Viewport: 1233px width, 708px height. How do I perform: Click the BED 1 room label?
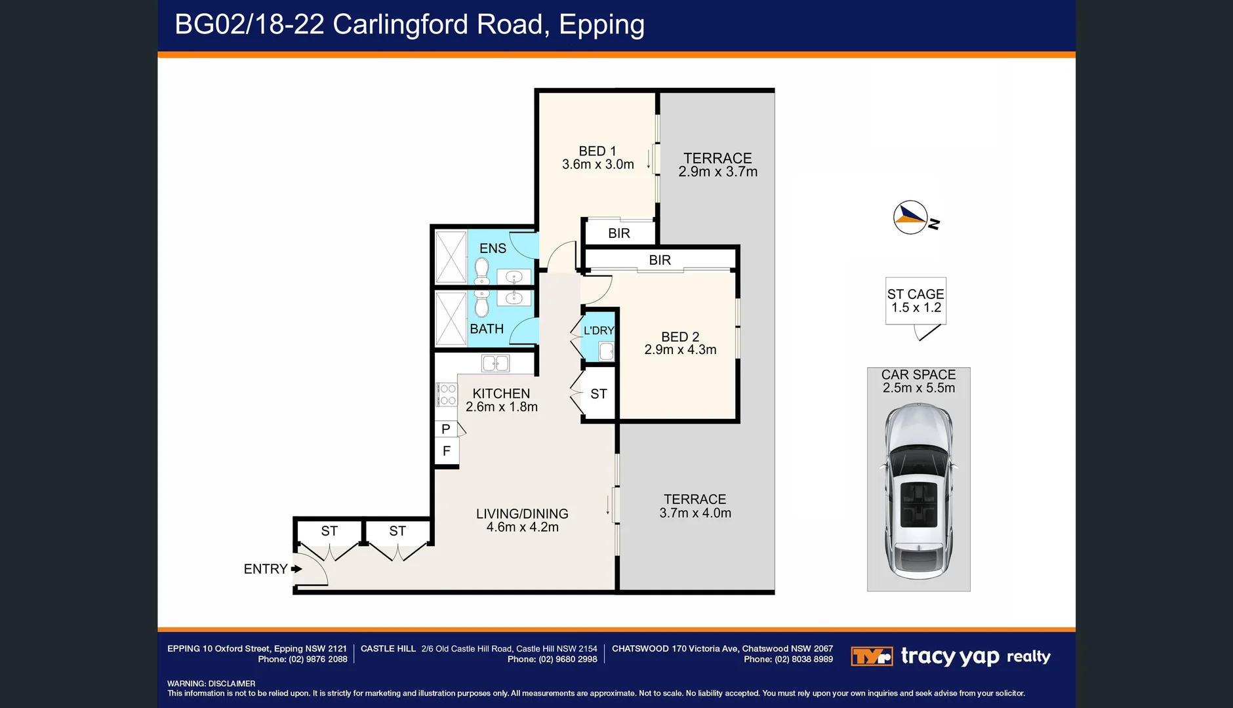[x=597, y=151]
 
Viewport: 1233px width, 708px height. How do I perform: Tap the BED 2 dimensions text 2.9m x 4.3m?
[x=680, y=350]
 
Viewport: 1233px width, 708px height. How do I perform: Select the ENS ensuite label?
[x=493, y=248]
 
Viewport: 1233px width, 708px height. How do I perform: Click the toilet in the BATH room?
[x=482, y=304]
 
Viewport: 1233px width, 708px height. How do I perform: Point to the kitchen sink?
[x=495, y=363]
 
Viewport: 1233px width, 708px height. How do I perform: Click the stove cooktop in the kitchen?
[x=447, y=395]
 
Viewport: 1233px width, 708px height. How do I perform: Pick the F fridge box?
[x=447, y=451]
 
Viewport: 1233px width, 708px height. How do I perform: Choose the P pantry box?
[x=446, y=429]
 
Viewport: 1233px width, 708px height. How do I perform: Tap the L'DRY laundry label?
[x=599, y=330]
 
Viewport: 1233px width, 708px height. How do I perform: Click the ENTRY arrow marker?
[x=296, y=569]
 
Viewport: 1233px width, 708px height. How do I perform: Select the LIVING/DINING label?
[x=522, y=514]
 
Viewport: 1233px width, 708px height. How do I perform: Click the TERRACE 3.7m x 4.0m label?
[x=695, y=506]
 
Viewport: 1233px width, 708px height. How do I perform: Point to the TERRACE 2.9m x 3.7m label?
[x=718, y=165]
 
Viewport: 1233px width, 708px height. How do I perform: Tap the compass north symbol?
[x=911, y=217]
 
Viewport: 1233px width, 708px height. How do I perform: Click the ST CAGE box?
[x=916, y=301]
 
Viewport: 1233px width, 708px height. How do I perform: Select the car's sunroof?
[x=918, y=503]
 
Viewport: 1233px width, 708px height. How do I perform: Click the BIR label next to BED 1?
[x=618, y=233]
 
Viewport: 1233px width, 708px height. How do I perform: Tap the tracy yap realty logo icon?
[x=871, y=656]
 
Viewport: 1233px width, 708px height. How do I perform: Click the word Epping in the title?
[x=601, y=25]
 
